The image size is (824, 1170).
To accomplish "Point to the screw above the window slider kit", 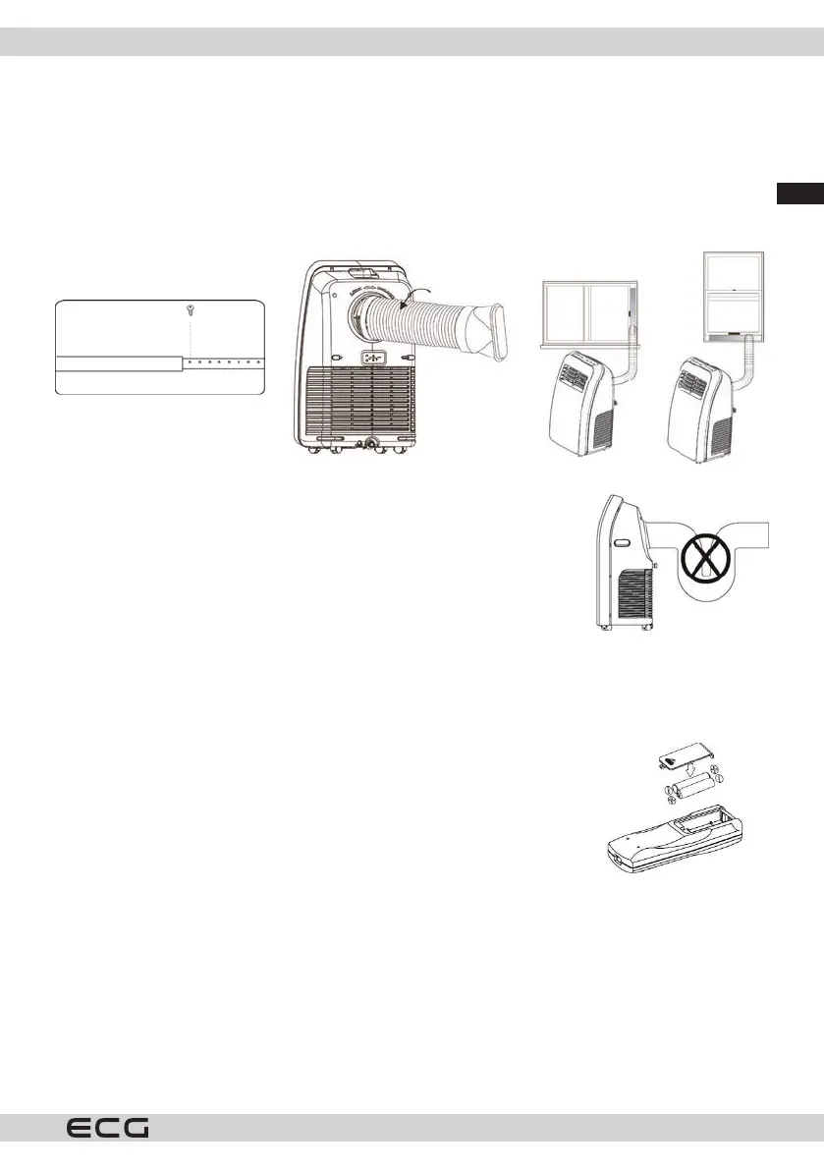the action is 191,309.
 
